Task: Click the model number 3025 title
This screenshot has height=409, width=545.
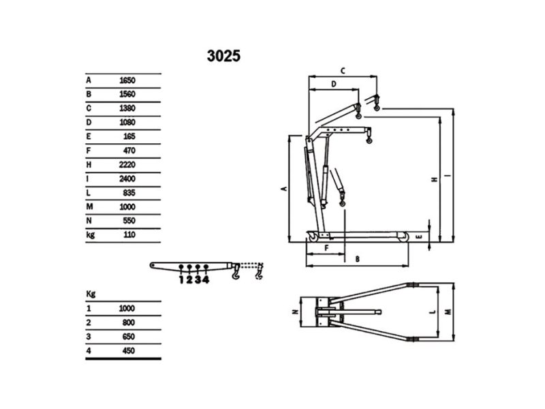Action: (223, 56)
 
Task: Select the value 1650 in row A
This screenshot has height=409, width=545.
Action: (127, 80)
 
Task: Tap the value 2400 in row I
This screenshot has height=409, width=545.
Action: (127, 179)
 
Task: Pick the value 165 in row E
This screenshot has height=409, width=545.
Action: (129, 136)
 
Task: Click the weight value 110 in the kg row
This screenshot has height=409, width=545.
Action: (129, 234)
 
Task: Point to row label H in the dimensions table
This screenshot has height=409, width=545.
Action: (89, 164)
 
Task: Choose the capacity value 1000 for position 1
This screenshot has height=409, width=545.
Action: (127, 309)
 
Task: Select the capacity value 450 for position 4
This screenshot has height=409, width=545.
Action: (129, 350)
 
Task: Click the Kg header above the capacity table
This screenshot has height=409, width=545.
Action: (91, 294)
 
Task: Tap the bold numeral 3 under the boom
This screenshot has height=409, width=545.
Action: (198, 279)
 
